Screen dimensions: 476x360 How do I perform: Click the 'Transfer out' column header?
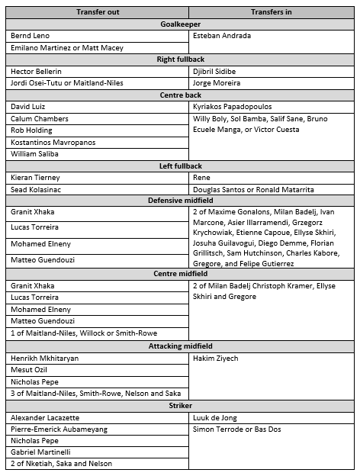98,12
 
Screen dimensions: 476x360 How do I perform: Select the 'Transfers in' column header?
272,12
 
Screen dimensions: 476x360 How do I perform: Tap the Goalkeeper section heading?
181,24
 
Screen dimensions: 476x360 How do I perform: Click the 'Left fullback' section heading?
181,166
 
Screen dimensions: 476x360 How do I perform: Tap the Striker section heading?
181,406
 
